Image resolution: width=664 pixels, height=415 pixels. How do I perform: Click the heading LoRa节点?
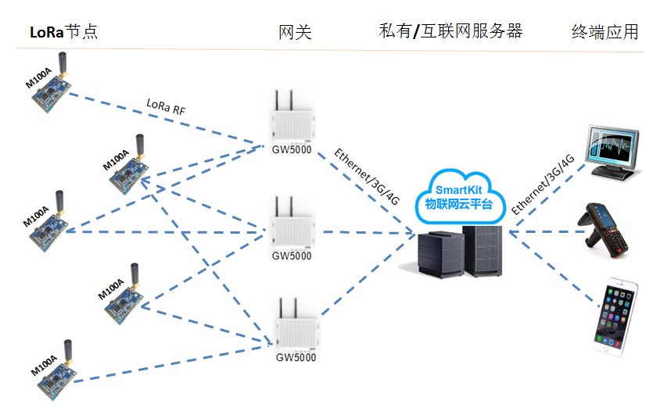[63, 32]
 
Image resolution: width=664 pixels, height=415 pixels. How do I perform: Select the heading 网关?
[295, 32]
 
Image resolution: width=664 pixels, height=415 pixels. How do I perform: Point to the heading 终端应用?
[605, 32]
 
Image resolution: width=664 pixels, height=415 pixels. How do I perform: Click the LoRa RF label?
[167, 106]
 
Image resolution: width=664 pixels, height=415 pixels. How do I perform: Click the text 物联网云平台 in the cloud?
[458, 204]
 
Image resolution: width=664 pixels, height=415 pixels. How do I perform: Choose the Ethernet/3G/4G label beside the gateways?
[367, 177]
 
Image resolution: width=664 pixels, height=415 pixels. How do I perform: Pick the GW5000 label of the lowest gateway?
[296, 358]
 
